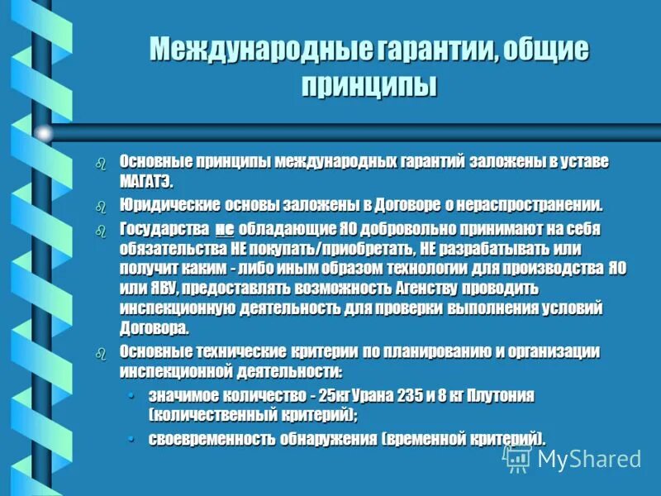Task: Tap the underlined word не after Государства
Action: click(225, 229)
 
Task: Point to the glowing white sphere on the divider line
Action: click(44, 132)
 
